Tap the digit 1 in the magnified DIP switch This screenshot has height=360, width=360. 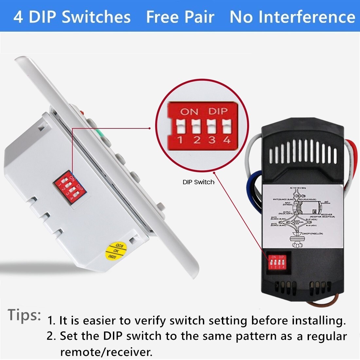180,140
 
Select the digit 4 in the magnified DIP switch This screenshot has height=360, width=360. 226,140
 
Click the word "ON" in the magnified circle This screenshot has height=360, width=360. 189,112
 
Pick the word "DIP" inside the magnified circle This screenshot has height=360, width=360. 218,112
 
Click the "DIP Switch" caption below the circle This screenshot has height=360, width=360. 198,182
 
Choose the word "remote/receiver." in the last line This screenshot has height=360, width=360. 106,352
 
